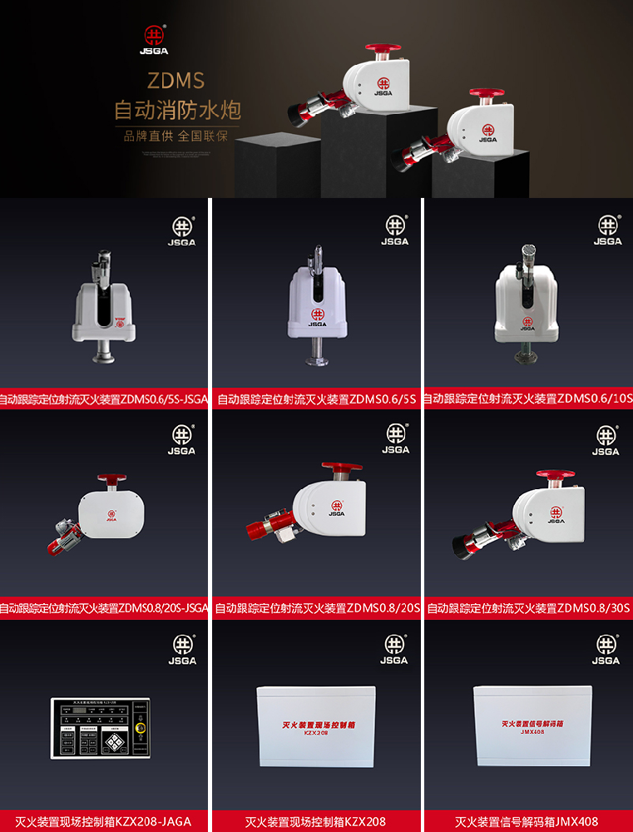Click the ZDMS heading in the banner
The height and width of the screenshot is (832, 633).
[176, 81]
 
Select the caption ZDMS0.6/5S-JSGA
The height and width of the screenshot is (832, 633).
[104, 399]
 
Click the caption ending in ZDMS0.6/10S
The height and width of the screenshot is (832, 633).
[528, 399]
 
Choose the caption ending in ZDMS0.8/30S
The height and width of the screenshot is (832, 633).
[528, 609]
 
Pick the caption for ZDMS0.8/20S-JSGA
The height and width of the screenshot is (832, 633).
[104, 609]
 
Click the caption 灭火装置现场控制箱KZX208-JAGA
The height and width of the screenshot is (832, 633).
[103, 821]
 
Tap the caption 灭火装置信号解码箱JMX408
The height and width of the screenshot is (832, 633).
[527, 821]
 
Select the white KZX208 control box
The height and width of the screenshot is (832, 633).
[315, 726]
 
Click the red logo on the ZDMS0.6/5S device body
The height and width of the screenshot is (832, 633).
[316, 315]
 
